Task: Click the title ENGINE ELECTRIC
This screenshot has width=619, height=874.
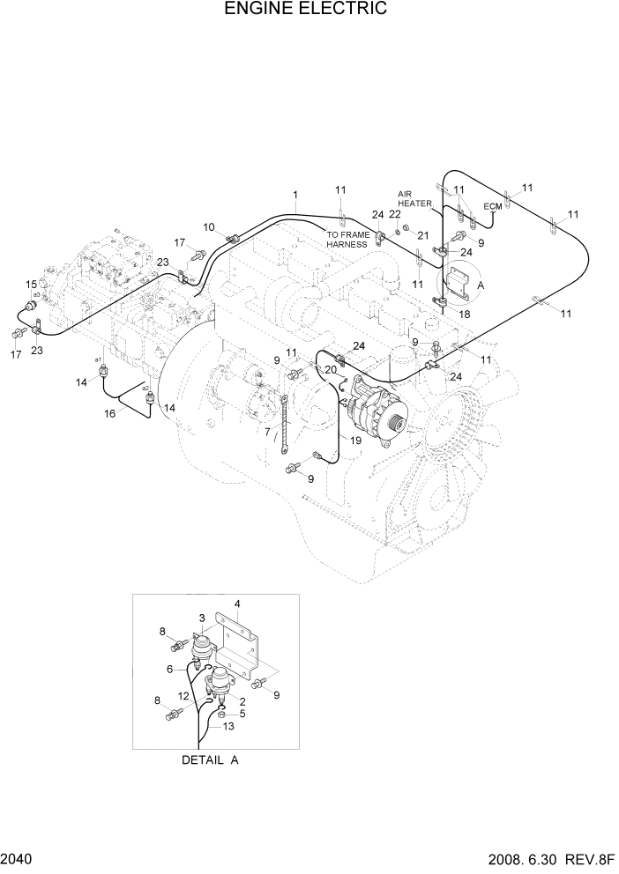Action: tap(306, 10)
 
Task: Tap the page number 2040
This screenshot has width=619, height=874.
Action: tap(19, 858)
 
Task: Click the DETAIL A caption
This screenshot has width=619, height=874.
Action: tap(211, 759)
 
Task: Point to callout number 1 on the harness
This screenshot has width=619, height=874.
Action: tap(295, 194)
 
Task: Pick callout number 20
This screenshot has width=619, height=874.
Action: tap(330, 370)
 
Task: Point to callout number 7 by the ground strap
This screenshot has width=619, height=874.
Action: tap(267, 433)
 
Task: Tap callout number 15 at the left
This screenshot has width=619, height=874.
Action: tap(31, 284)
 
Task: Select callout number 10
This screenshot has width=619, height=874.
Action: tap(209, 227)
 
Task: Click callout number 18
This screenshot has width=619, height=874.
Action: tap(465, 314)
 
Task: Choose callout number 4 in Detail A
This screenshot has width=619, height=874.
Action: tap(237, 604)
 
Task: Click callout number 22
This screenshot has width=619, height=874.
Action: tap(395, 214)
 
